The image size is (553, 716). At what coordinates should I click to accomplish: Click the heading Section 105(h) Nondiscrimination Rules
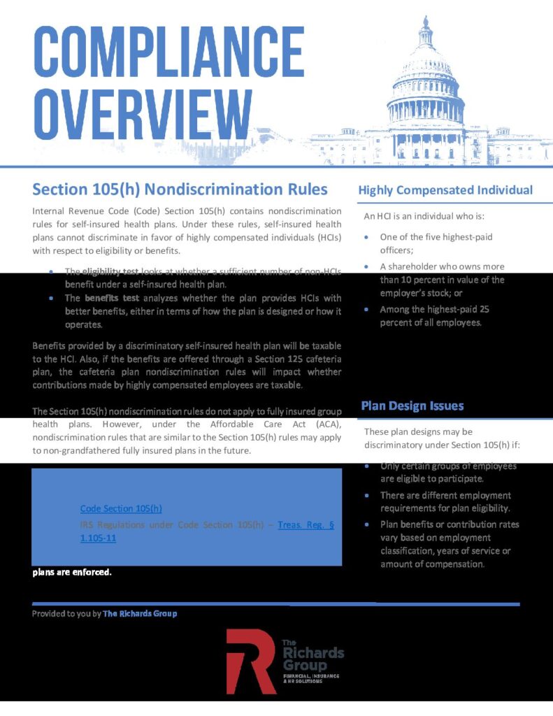180,189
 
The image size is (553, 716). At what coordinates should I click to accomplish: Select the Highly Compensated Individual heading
445,190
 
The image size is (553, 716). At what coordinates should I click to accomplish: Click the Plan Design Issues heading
412,406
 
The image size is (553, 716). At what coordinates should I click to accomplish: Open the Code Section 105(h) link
122,508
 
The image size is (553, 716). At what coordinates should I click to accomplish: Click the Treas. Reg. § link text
306,525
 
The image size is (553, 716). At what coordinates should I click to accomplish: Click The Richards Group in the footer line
140,613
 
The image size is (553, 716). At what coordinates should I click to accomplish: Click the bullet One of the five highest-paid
436,237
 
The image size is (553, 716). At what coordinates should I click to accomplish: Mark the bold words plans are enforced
72,572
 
